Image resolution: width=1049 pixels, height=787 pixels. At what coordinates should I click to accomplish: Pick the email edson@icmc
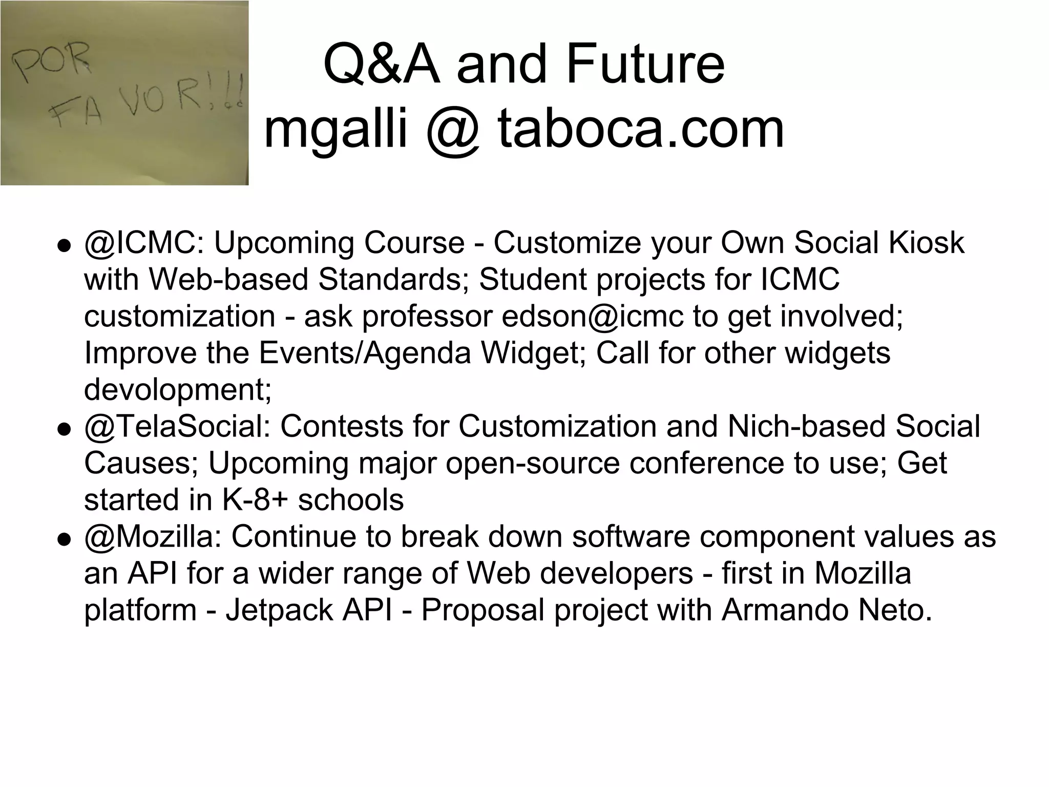(592, 316)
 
